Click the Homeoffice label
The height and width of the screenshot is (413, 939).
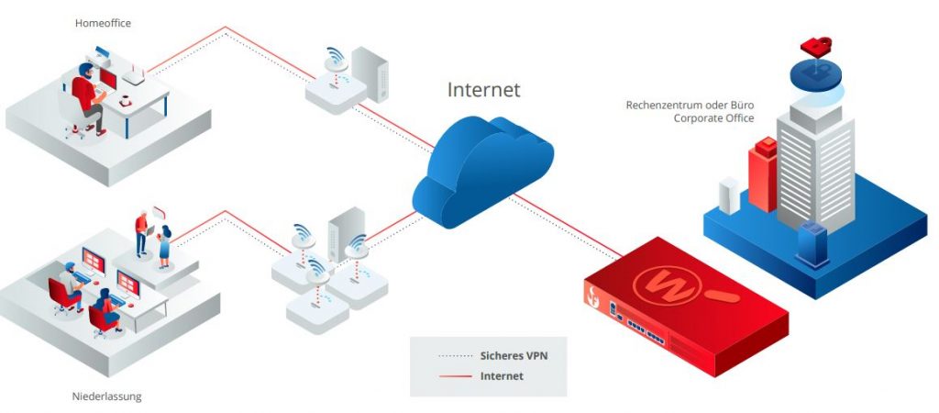pyautogui.click(x=103, y=24)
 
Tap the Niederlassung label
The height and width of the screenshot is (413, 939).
pyautogui.click(x=106, y=396)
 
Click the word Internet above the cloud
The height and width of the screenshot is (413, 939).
pyautogui.click(x=483, y=89)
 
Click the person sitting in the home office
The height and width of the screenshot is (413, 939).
pyautogui.click(x=88, y=96)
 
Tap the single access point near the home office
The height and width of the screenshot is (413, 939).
pyautogui.click(x=335, y=78)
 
